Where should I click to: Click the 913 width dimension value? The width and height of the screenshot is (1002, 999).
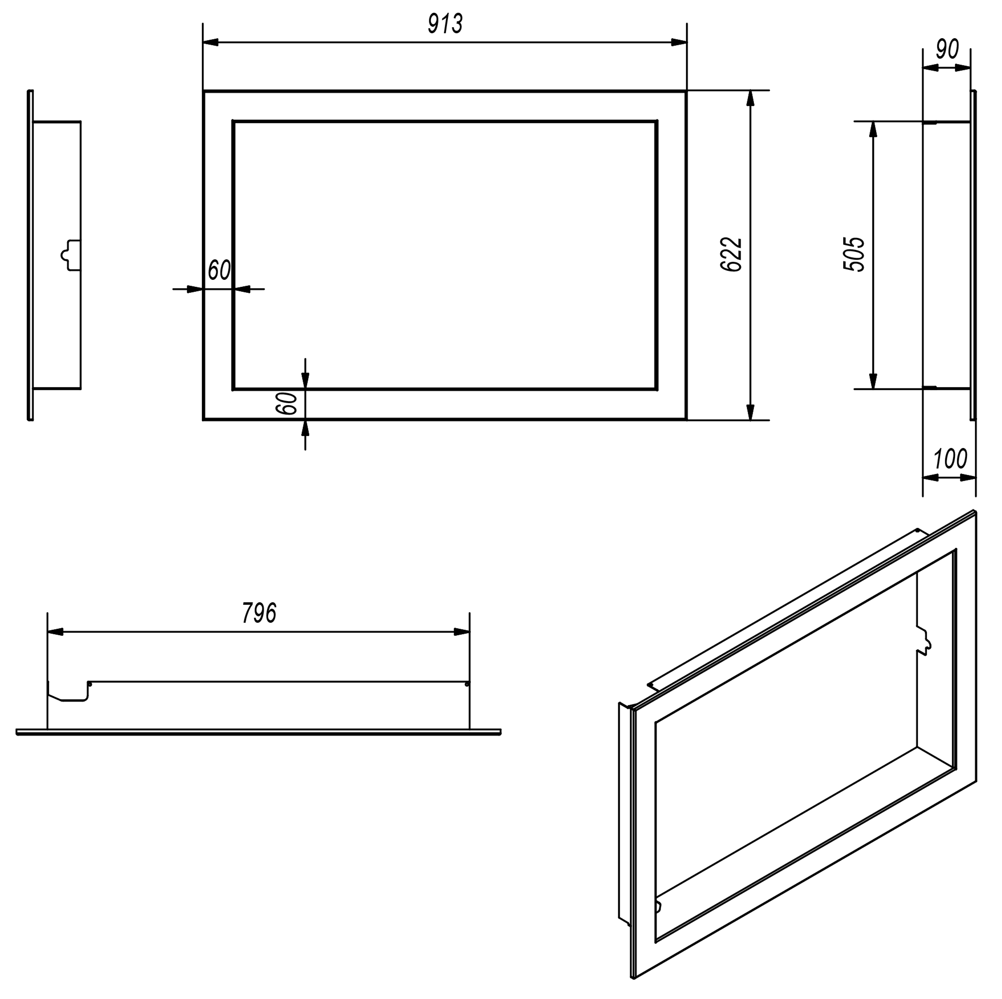pos(445,24)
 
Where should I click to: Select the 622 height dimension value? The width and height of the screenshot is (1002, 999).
pos(732,255)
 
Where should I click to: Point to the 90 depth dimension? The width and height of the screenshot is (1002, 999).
pos(947,49)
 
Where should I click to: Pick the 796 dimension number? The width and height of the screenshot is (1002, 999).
pos(259,613)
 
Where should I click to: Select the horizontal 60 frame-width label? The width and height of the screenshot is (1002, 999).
pos(219,270)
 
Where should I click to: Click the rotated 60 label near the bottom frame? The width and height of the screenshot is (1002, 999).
pos(287,404)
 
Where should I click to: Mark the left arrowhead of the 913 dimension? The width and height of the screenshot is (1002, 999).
pos(211,42)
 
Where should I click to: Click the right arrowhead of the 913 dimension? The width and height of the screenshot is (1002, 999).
pos(679,42)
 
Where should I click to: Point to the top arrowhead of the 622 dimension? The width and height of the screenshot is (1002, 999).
pos(750,99)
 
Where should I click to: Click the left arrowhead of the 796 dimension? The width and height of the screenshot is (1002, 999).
pos(56,632)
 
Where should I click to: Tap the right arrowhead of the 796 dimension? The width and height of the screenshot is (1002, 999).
pos(462,632)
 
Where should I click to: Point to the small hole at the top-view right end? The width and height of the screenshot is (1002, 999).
pos(467,685)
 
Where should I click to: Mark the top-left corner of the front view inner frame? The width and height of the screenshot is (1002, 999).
pos(233,122)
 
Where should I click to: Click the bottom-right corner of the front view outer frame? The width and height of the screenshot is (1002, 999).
pos(686,419)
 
